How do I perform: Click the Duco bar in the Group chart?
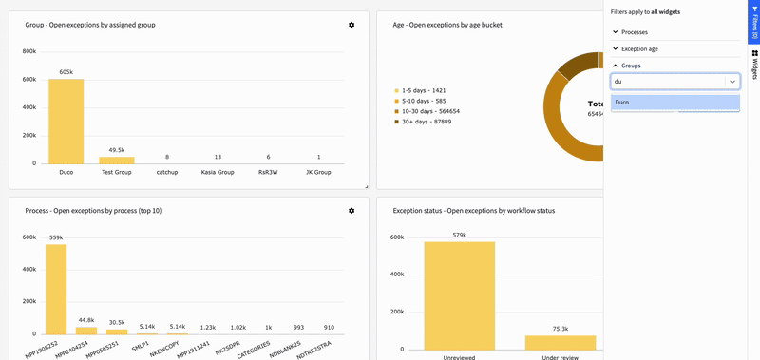tap(66, 121)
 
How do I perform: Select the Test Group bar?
tap(117, 160)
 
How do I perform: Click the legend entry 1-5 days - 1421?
tap(423, 90)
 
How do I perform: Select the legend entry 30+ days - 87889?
tap(426, 122)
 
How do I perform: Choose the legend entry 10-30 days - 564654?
tap(430, 111)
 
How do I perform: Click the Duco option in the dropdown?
tap(674, 102)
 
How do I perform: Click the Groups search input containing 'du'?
tap(668, 82)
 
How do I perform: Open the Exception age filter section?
tap(638, 48)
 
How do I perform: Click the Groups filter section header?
tap(631, 66)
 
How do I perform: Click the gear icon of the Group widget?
tap(351, 25)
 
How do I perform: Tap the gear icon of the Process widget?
tap(351, 210)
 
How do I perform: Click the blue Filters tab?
tap(754, 22)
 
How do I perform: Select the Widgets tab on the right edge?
tap(754, 65)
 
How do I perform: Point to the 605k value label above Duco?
tap(66, 72)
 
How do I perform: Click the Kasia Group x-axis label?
tap(218, 172)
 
